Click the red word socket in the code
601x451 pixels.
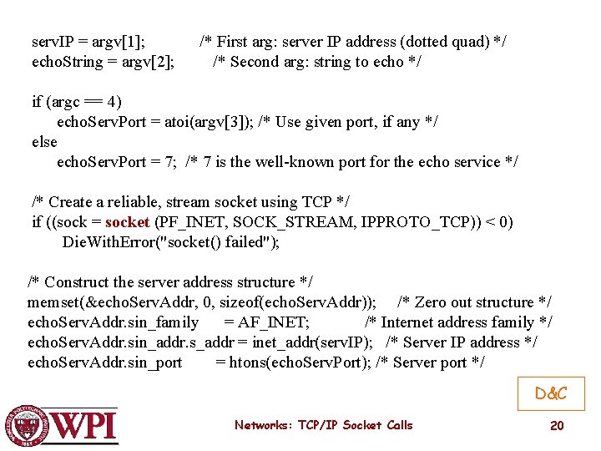point(128,222)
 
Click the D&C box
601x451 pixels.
point(551,393)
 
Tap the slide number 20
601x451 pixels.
point(557,426)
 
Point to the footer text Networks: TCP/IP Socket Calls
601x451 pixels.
point(323,425)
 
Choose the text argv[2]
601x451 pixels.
point(152,62)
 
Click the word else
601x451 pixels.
point(44,142)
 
